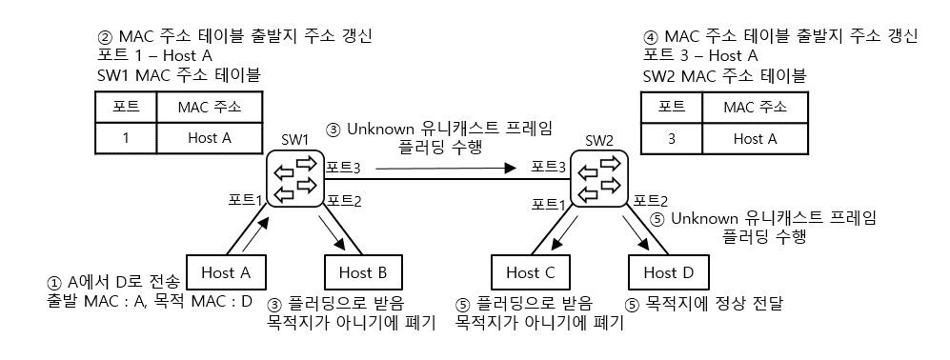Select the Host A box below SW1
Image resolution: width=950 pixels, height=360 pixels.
click(x=226, y=272)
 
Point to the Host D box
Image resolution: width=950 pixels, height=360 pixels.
click(x=668, y=272)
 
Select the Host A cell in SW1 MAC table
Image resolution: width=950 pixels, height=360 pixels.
click(x=209, y=137)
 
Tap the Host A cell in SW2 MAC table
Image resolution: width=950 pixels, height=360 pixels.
click(x=758, y=138)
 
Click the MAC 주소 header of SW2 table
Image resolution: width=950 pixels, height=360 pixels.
click(x=758, y=106)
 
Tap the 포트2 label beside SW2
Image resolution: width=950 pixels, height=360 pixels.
click(x=651, y=200)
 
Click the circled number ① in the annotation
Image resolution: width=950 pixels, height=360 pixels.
click(x=55, y=283)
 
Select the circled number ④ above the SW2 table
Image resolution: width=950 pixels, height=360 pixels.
click(x=652, y=36)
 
